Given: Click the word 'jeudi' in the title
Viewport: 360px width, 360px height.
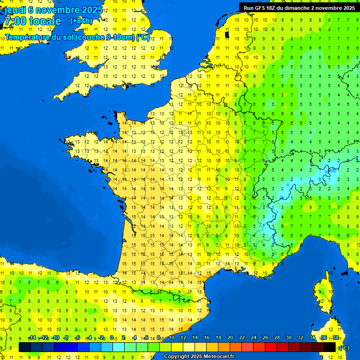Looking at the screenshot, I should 15,10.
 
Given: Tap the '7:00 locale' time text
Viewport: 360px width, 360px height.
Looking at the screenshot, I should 32,21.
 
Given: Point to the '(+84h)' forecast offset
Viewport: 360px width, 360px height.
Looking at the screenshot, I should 81,21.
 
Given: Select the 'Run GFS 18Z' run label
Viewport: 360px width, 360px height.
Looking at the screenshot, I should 260,8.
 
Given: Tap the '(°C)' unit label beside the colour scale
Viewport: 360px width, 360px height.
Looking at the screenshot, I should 344,347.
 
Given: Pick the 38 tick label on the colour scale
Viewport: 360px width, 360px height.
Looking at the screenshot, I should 335,337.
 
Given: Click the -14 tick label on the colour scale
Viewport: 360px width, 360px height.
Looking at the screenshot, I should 32,337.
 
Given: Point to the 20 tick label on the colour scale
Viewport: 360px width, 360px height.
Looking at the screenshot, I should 230,337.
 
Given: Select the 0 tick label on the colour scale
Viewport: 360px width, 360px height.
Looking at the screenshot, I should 112,337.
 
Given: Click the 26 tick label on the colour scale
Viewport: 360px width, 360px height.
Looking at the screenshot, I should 265,337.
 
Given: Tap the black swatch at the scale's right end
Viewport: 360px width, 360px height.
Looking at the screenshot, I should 330,347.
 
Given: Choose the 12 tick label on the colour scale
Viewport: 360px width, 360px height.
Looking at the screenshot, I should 183,337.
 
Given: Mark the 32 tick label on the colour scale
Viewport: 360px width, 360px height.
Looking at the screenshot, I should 300,337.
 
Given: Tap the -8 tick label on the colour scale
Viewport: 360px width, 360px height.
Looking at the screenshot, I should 66,337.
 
